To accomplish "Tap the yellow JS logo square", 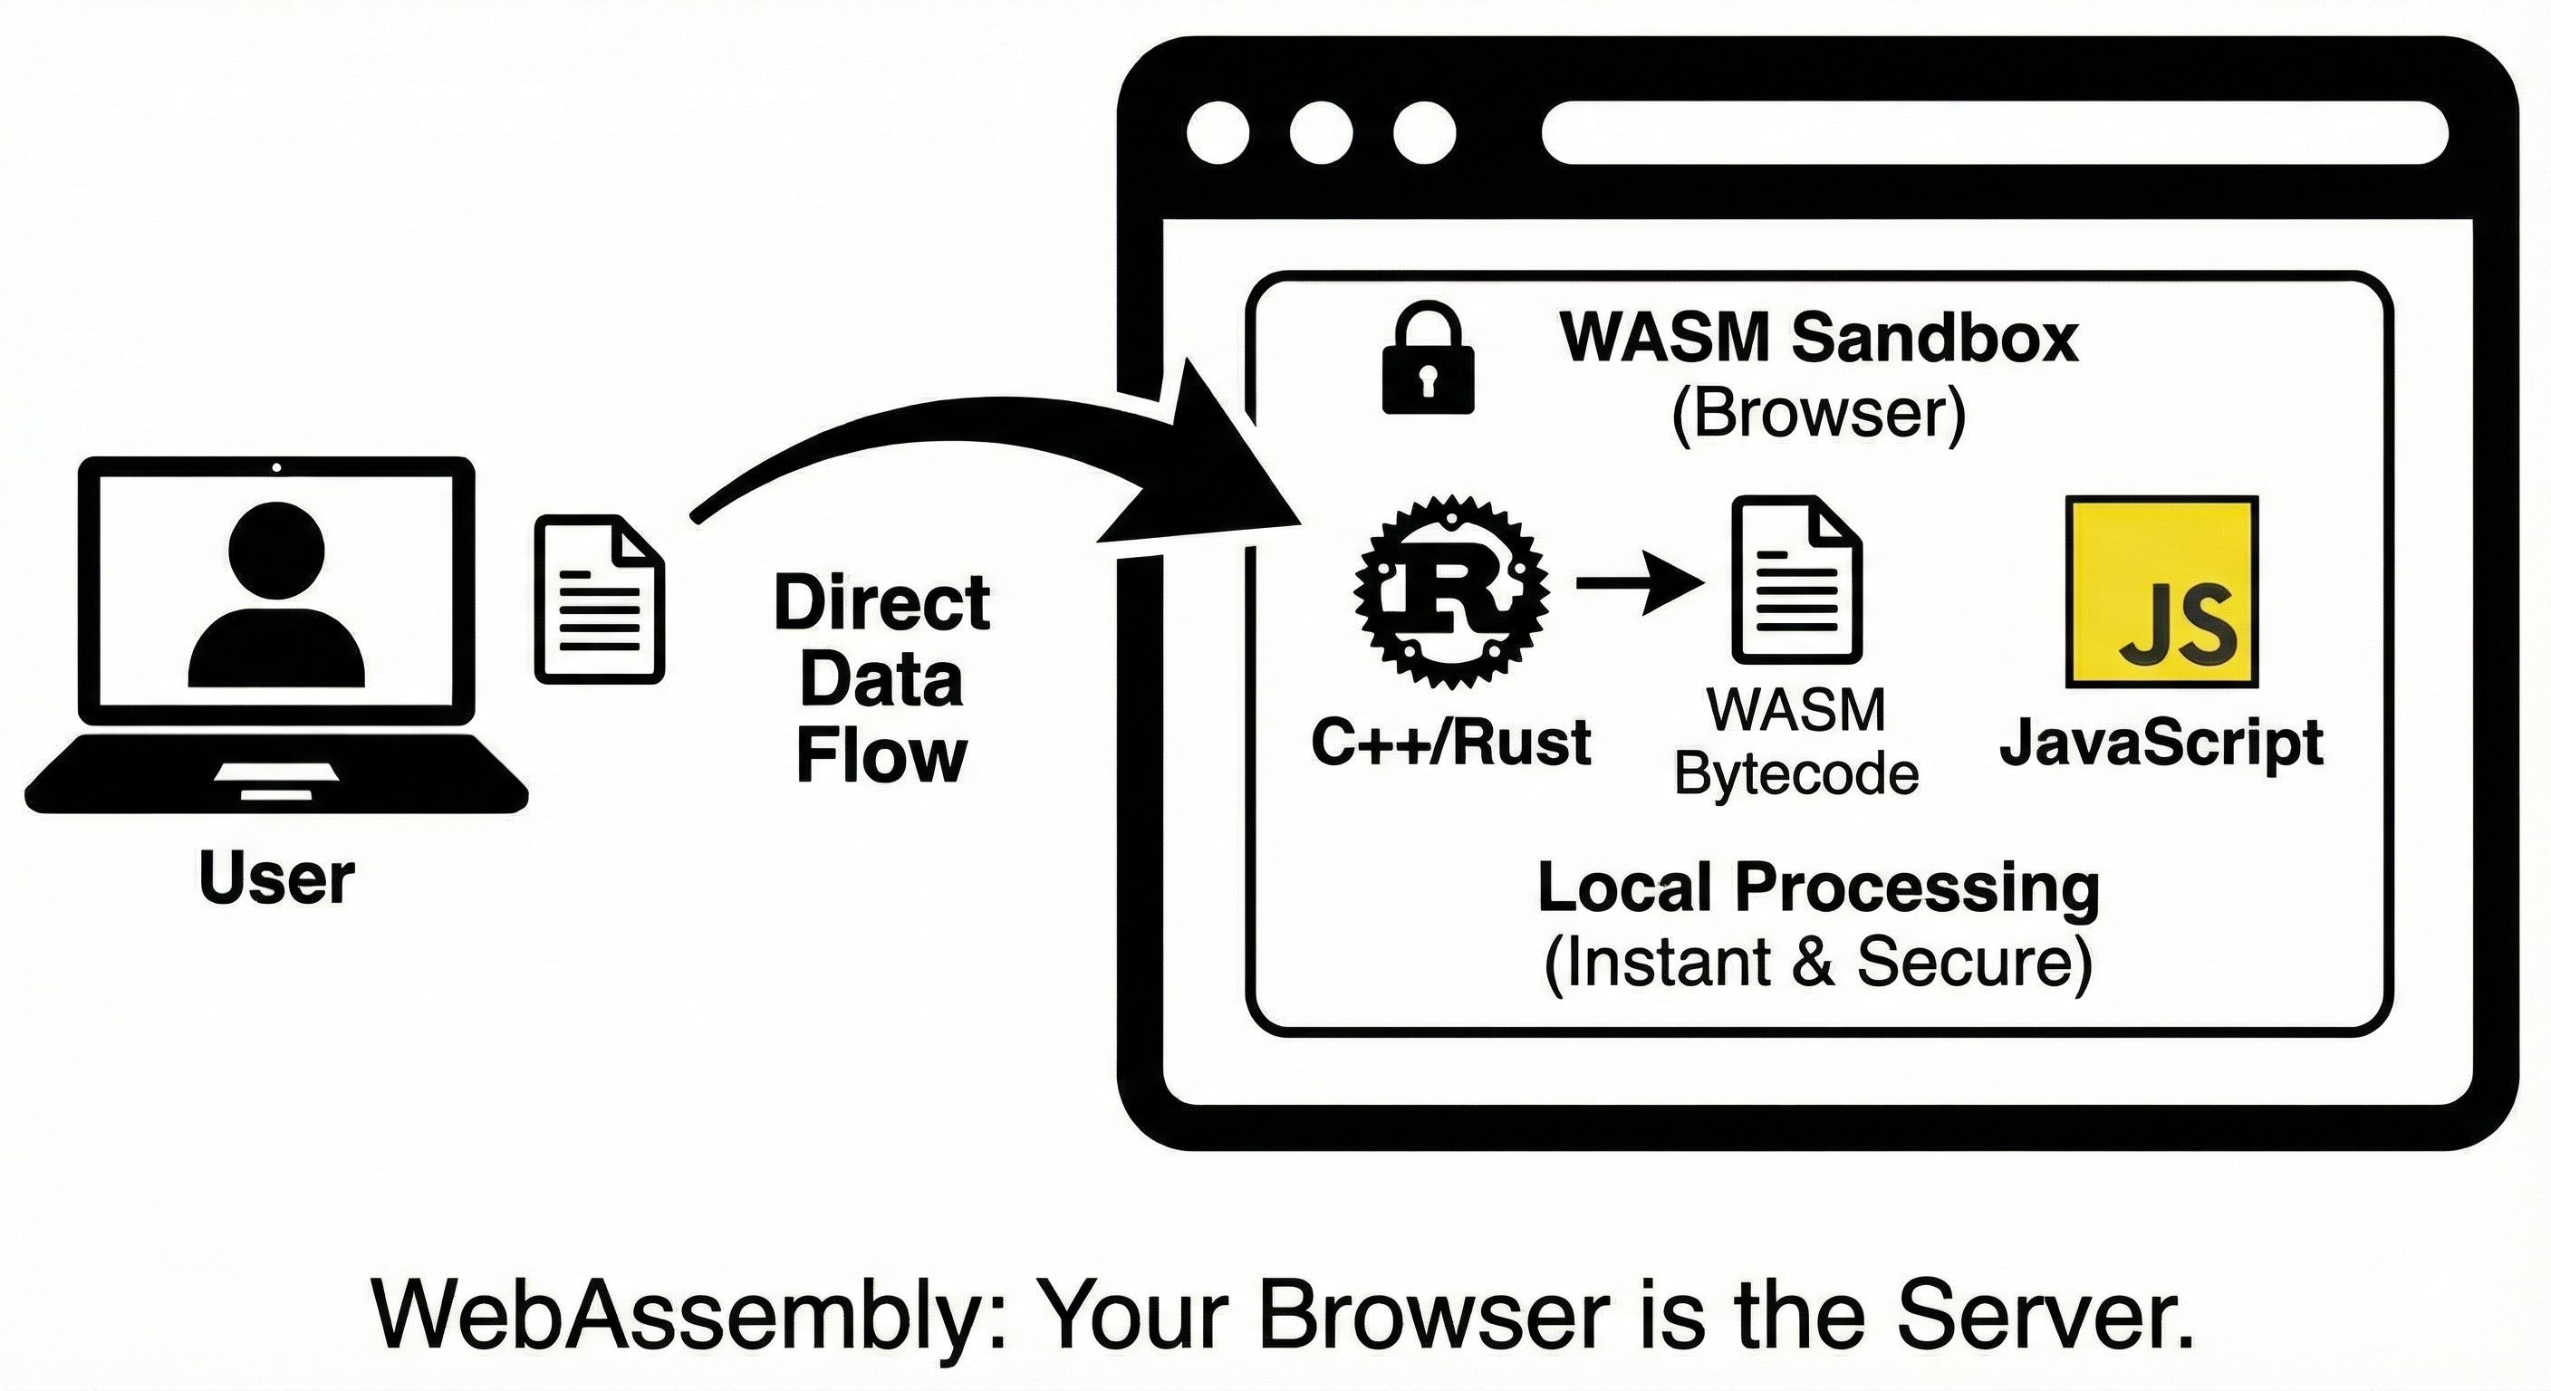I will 2161,591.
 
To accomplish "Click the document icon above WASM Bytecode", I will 1796,580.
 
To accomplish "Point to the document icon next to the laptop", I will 599,598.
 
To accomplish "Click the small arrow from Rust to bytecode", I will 1639,584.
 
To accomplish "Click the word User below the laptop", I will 276,878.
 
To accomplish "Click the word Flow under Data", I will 881,756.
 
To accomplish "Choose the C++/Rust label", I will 1450,743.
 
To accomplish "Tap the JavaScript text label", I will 2161,744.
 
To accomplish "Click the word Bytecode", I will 1796,774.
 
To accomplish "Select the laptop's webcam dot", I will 276,467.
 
